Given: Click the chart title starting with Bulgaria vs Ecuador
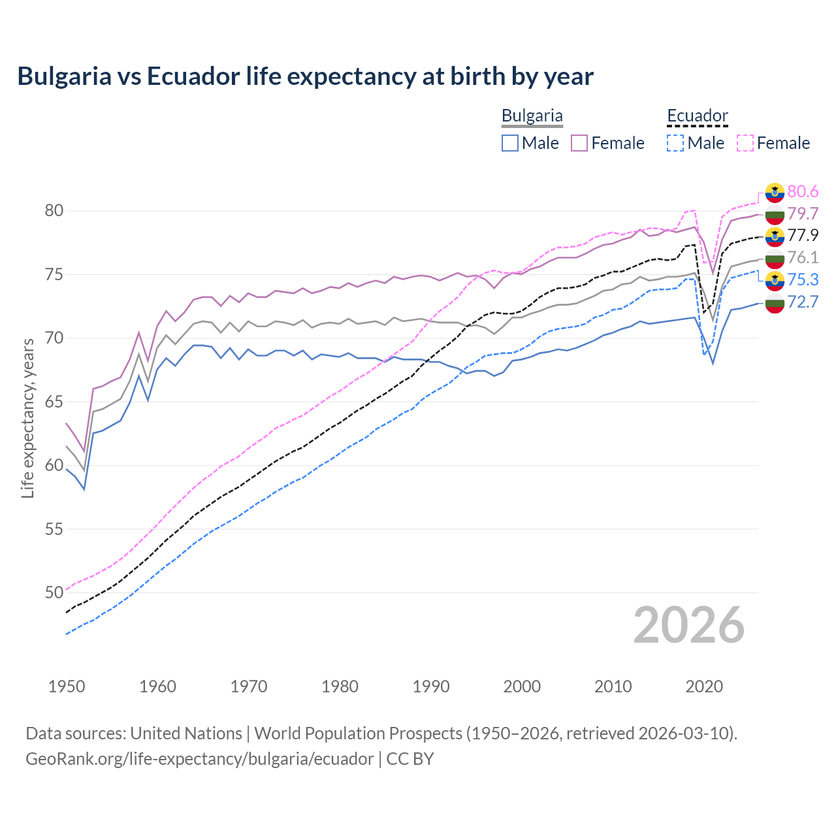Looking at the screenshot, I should pyautogui.click(x=305, y=76).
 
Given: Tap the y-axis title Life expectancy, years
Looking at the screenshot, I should pyautogui.click(x=27, y=418).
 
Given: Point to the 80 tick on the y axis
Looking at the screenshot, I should pyautogui.click(x=54, y=210).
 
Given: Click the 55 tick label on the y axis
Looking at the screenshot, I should pyautogui.click(x=54, y=529).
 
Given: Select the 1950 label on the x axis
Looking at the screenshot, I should pyautogui.click(x=67, y=686).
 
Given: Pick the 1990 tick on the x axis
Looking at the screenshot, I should pyautogui.click(x=431, y=686).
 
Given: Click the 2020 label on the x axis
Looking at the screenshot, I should pyautogui.click(x=704, y=686).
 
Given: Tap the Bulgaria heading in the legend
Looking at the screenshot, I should pyautogui.click(x=532, y=116).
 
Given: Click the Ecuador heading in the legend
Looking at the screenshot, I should pyautogui.click(x=697, y=116).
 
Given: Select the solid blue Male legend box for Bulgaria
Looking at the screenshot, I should pyautogui.click(x=510, y=143).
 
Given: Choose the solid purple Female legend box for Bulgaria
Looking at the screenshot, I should pyautogui.click(x=579, y=143).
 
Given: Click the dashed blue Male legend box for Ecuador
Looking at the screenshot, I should pyautogui.click(x=675, y=143).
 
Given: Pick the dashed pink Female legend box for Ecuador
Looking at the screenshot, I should pyautogui.click(x=745, y=143).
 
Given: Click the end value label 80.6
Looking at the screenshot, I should pyautogui.click(x=803, y=191).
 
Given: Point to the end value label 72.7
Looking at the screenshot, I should pyautogui.click(x=803, y=302).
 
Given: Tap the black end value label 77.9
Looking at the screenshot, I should pyautogui.click(x=803, y=235).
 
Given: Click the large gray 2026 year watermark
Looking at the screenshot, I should pyautogui.click(x=688, y=625).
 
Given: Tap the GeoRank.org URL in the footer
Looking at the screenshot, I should pyautogui.click(x=199, y=759).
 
